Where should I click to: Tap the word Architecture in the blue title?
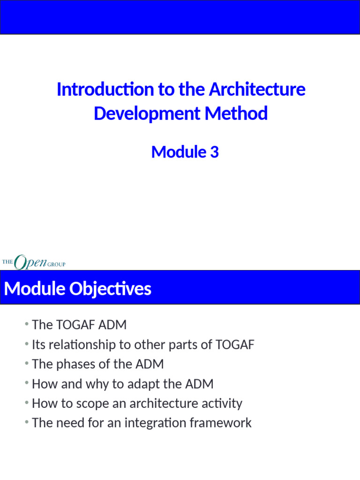257,89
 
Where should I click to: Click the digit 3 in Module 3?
214,152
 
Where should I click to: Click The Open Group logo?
34,262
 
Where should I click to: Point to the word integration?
156,423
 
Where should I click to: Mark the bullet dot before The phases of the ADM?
28,363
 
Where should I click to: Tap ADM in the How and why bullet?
199,384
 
